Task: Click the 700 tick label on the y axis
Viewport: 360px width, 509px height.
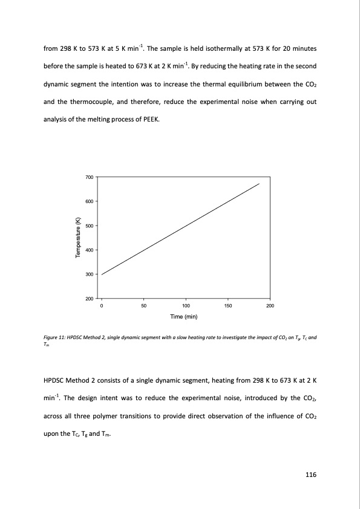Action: pyautogui.click(x=89, y=177)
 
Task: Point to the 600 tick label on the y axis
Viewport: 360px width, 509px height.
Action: pyautogui.click(x=89, y=201)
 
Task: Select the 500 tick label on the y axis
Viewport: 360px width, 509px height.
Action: pyautogui.click(x=89, y=225)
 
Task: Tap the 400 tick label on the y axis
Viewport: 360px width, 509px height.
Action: pyautogui.click(x=89, y=250)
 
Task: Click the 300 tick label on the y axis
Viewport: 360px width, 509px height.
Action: pyautogui.click(x=89, y=274)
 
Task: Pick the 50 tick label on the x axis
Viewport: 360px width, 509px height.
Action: pyautogui.click(x=143, y=306)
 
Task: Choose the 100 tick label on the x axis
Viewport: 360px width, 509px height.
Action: pyautogui.click(x=186, y=306)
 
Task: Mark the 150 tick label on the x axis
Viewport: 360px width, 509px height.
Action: pyautogui.click(x=227, y=306)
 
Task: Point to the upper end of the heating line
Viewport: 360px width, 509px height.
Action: pyautogui.click(x=260, y=183)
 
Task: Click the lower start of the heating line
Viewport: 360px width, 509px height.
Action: pyautogui.click(x=102, y=274)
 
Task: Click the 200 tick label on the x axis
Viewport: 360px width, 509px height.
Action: pyautogui.click(x=270, y=306)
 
